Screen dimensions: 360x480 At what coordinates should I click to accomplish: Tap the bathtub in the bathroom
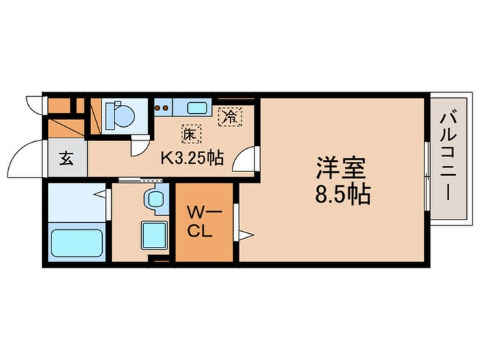(x=76, y=243)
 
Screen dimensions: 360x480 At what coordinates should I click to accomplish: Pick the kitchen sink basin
(x=196, y=107)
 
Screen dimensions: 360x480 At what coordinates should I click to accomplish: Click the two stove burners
(x=163, y=108)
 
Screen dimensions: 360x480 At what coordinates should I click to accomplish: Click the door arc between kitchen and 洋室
(x=245, y=163)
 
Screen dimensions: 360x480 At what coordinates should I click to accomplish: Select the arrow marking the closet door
(x=245, y=235)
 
